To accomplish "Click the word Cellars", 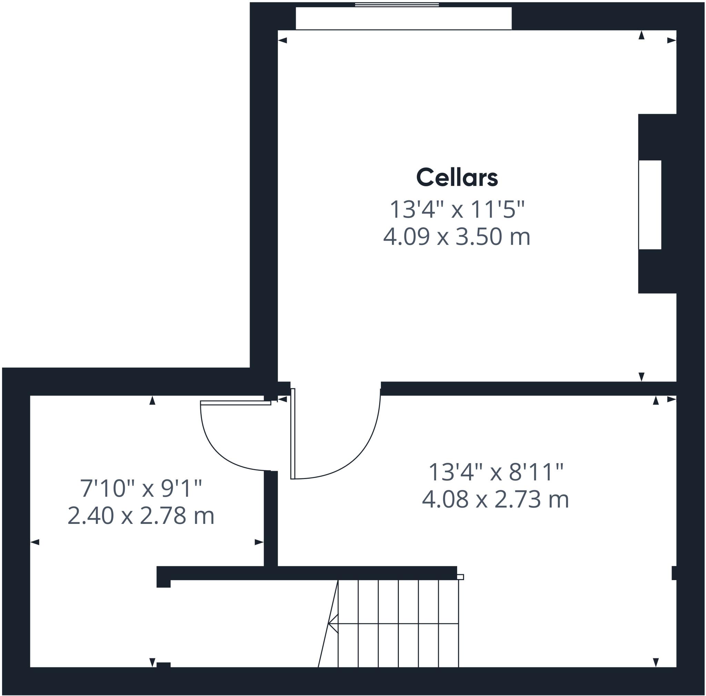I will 457,178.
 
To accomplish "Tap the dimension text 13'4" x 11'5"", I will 457,209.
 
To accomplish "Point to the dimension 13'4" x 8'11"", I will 495,472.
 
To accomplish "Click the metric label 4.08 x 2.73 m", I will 495,499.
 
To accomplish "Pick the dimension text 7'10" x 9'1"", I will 141,489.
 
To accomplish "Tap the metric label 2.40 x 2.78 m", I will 141,516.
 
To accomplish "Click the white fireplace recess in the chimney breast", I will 650,205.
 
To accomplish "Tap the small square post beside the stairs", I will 461,577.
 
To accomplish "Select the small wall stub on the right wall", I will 674,573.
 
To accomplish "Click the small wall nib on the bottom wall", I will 163,665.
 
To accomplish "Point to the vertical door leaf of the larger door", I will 293,434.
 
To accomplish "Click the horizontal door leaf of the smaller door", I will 236,403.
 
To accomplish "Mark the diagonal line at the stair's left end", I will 328,623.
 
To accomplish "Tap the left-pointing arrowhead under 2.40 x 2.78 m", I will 35,542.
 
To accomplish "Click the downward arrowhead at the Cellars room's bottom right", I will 641,377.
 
